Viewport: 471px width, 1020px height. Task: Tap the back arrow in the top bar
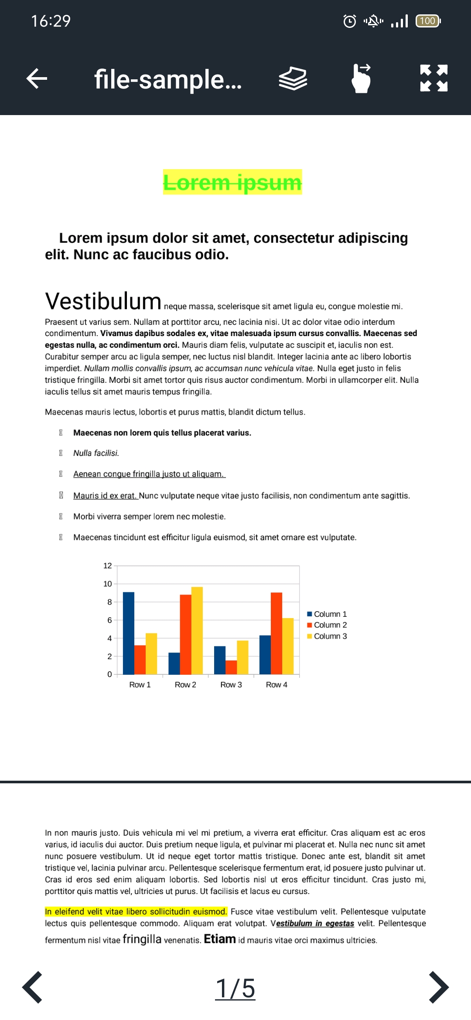pyautogui.click(x=37, y=79)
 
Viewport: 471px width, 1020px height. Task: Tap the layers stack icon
pyautogui.click(x=293, y=79)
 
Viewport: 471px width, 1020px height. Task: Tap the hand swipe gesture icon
pyautogui.click(x=361, y=78)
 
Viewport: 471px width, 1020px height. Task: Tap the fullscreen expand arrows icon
pyautogui.click(x=433, y=78)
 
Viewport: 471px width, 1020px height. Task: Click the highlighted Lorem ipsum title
pyautogui.click(x=232, y=182)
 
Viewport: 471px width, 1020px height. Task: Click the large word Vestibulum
pyautogui.click(x=103, y=301)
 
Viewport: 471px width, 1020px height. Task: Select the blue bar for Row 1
pyautogui.click(x=129, y=633)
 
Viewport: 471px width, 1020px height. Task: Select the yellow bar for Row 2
pyautogui.click(x=197, y=630)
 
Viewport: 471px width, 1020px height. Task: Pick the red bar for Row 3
pyautogui.click(x=231, y=667)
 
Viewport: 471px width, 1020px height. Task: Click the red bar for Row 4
pyautogui.click(x=276, y=633)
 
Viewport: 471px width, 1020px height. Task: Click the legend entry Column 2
pyautogui.click(x=330, y=625)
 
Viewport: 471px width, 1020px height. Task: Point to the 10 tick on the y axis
pyautogui.click(x=108, y=584)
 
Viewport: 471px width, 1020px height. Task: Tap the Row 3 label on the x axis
pyautogui.click(x=231, y=685)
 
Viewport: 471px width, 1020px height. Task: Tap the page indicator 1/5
pyautogui.click(x=235, y=988)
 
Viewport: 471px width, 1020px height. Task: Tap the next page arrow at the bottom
pyautogui.click(x=438, y=987)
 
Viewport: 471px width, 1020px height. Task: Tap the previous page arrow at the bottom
pyautogui.click(x=33, y=987)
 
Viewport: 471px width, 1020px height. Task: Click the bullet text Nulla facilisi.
pyautogui.click(x=96, y=453)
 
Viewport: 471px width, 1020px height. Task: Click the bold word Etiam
pyautogui.click(x=220, y=939)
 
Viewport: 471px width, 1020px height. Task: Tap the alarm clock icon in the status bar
pyautogui.click(x=350, y=21)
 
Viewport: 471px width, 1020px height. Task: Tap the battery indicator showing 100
pyautogui.click(x=428, y=21)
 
